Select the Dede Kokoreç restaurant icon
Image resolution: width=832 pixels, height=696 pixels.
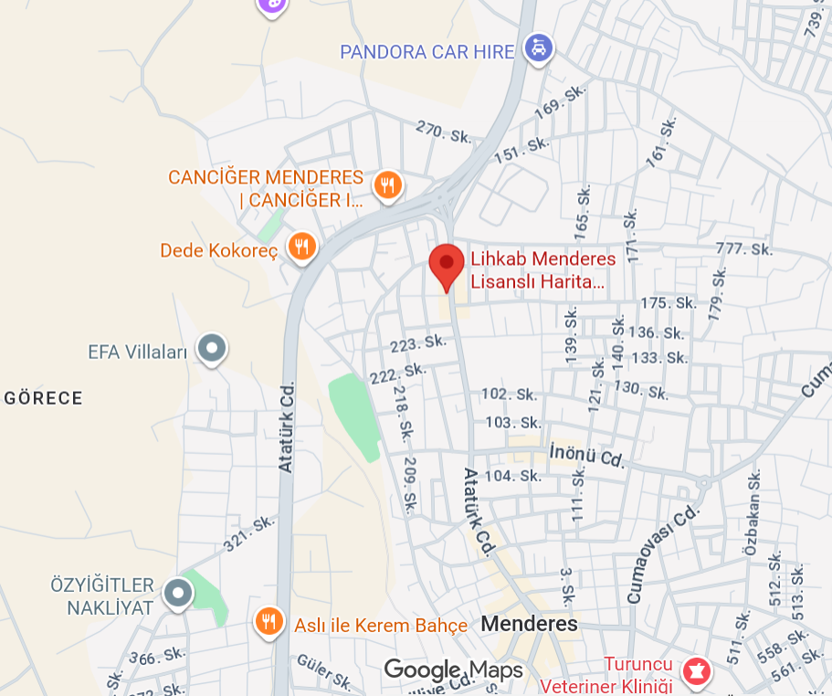click(301, 246)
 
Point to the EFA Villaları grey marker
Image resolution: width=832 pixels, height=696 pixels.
click(213, 348)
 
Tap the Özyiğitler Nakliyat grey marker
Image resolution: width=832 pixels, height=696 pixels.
click(177, 593)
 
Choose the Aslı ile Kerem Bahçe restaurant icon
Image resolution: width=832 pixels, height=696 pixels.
click(268, 622)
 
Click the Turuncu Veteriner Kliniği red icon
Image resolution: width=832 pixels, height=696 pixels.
click(698, 671)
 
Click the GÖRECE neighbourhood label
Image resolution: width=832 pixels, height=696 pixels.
click(44, 398)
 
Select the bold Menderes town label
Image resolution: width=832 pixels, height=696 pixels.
click(529, 624)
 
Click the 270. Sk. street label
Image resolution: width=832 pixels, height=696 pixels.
click(444, 132)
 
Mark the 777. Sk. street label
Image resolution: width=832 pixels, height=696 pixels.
click(745, 248)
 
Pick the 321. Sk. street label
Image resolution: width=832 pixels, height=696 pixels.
click(249, 534)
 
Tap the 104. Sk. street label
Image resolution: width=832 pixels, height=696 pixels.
click(512, 476)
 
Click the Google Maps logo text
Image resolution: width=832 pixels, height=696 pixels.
click(453, 670)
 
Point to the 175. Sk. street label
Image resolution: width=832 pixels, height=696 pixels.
click(668, 303)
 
